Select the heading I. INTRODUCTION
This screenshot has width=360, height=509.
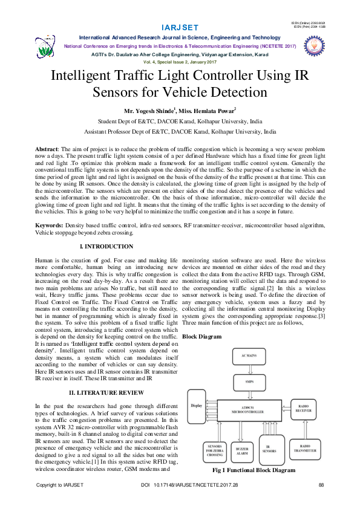106,247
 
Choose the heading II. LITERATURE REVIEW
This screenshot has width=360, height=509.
106,393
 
